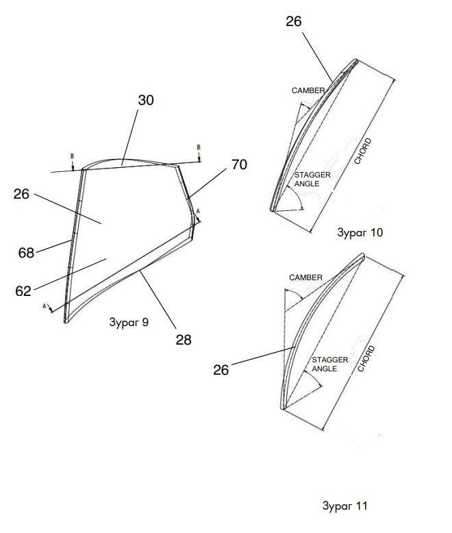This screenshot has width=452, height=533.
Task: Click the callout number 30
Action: pos(146,100)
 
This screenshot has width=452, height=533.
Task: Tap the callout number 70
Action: pos(239,164)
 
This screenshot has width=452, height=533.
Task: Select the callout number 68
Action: pos(26,253)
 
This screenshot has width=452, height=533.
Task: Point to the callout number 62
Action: pos(23,291)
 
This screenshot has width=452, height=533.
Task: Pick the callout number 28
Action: pos(184,340)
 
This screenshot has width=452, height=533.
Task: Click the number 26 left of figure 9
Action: pos(21,194)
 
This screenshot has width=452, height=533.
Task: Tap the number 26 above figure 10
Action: pos(294,21)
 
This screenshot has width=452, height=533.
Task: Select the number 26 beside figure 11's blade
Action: pos(221,370)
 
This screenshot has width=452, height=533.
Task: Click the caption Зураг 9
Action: pos(129,322)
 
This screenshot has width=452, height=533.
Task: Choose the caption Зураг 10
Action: pos(360,232)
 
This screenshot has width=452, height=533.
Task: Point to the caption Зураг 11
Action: pos(345,506)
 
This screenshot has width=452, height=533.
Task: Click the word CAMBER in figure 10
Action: pos(308,90)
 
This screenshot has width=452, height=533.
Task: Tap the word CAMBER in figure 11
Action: pos(305,277)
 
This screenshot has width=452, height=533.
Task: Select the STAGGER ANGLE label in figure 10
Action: pos(312,179)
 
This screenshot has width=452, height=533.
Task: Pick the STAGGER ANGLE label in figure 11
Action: pos(330,364)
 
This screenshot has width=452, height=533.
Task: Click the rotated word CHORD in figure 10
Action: pos(362,151)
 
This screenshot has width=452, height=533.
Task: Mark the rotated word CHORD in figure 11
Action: pos(366,358)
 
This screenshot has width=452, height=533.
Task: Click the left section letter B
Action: pos(72,156)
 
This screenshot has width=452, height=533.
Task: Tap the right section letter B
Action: pos(199,147)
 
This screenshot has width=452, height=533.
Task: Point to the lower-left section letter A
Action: pos(45,306)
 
